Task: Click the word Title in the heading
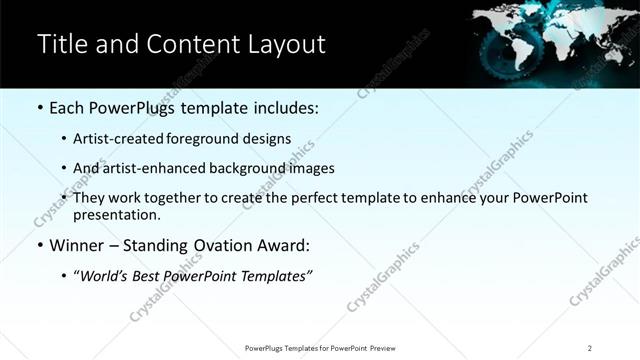click(60, 44)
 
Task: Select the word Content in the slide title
click(191, 44)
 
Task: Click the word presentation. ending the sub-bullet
click(116, 215)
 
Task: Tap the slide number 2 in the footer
click(590, 347)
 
